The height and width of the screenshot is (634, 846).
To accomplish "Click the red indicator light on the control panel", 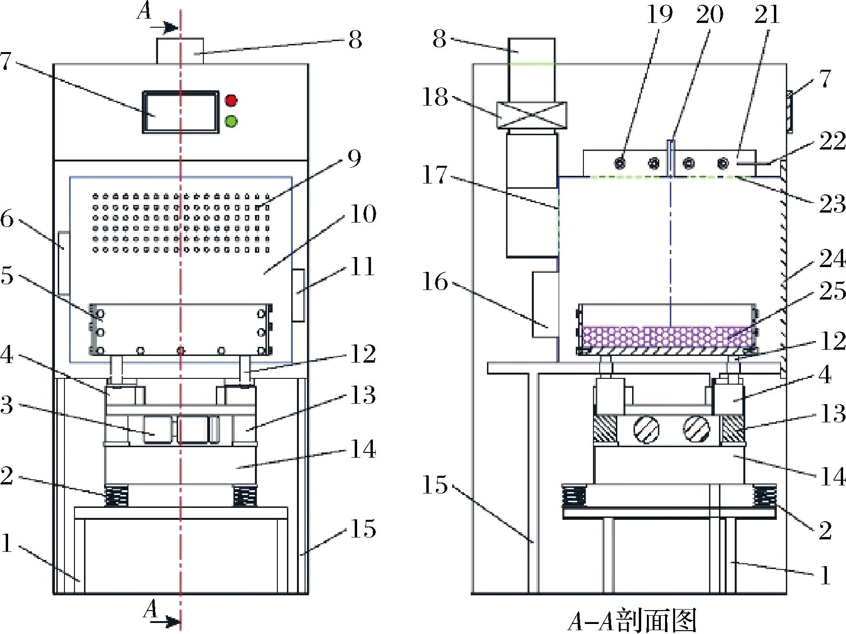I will [x=231, y=101].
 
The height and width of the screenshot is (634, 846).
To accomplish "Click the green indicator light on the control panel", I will [x=231, y=121].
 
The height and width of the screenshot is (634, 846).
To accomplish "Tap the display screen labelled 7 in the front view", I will [x=180, y=111].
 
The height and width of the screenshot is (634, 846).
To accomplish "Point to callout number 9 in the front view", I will [x=354, y=159].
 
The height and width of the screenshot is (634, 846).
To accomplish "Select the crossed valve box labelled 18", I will [x=532, y=116].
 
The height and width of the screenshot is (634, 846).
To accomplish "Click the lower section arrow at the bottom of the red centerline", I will [x=169, y=622].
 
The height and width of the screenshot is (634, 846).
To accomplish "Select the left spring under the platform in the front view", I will [x=116, y=496].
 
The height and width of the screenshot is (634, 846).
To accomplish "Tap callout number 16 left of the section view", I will [x=435, y=282].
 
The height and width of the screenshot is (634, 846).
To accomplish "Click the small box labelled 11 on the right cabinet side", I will [x=298, y=295].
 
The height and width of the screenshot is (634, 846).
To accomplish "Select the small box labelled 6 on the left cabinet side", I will [x=64, y=262].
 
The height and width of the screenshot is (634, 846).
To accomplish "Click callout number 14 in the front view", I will [x=363, y=450].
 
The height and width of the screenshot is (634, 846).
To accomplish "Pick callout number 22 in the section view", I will [x=833, y=142].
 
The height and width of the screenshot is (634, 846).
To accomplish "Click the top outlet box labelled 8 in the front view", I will [x=180, y=51].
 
